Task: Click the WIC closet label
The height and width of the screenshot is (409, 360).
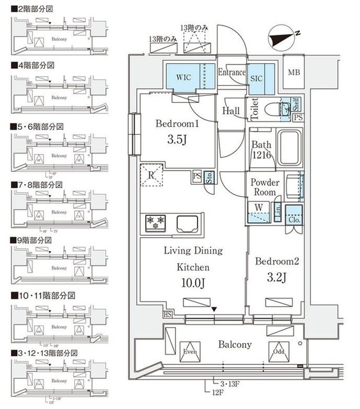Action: [x=184, y=77]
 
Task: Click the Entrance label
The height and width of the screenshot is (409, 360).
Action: [x=231, y=73]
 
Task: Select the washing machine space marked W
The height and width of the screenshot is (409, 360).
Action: [x=259, y=208]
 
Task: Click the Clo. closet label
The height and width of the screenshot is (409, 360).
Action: [x=294, y=217]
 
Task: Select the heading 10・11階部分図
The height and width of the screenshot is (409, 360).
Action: [x=43, y=296]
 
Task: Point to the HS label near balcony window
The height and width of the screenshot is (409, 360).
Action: [x=168, y=315]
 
